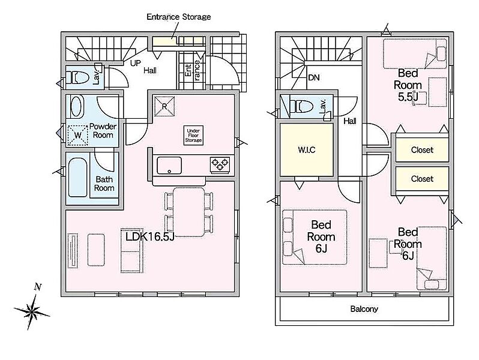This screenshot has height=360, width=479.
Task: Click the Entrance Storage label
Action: (x=179, y=17)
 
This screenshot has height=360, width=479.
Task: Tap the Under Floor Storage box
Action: (x=193, y=135)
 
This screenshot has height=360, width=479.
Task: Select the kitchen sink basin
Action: (x=169, y=166)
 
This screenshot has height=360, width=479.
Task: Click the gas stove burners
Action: (x=220, y=165)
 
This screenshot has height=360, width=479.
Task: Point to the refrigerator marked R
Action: (x=164, y=106)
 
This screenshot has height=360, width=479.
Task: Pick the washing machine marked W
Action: (x=77, y=135)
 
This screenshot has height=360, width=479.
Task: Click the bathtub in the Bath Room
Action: (x=78, y=178)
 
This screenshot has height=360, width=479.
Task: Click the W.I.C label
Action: (x=306, y=150)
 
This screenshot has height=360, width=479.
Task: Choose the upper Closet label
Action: (x=422, y=150)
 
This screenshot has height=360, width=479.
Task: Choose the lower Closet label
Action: (x=422, y=179)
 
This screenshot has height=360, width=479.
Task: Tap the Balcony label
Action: (x=364, y=309)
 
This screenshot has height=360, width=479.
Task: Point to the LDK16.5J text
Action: (x=149, y=236)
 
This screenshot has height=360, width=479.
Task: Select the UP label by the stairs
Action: (x=135, y=63)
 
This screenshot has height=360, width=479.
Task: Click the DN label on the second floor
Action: (x=314, y=77)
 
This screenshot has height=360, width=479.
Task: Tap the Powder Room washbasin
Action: (x=77, y=106)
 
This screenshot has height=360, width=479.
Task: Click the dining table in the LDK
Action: (x=188, y=212)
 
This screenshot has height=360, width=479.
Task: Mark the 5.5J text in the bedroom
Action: (x=408, y=97)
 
